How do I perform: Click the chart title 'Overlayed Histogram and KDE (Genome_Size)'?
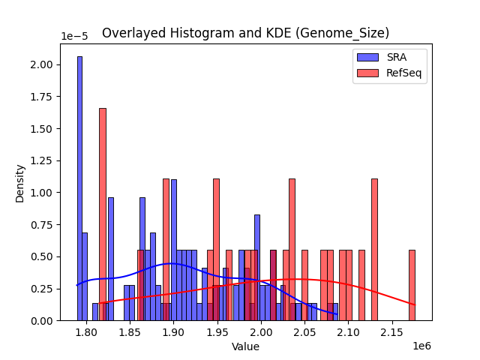(x=245, y=33)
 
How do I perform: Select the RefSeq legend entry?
(x=389, y=73)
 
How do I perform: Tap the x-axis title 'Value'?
(x=245, y=346)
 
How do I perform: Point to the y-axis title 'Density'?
(x=20, y=182)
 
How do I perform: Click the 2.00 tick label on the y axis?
(x=41, y=64)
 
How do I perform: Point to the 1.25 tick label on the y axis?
(x=41, y=160)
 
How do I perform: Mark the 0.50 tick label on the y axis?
(x=41, y=256)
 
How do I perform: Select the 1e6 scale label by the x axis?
(x=420, y=346)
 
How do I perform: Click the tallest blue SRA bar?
(x=79, y=187)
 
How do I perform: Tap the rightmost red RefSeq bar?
(x=412, y=285)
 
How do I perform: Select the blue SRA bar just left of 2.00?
(x=256, y=267)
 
